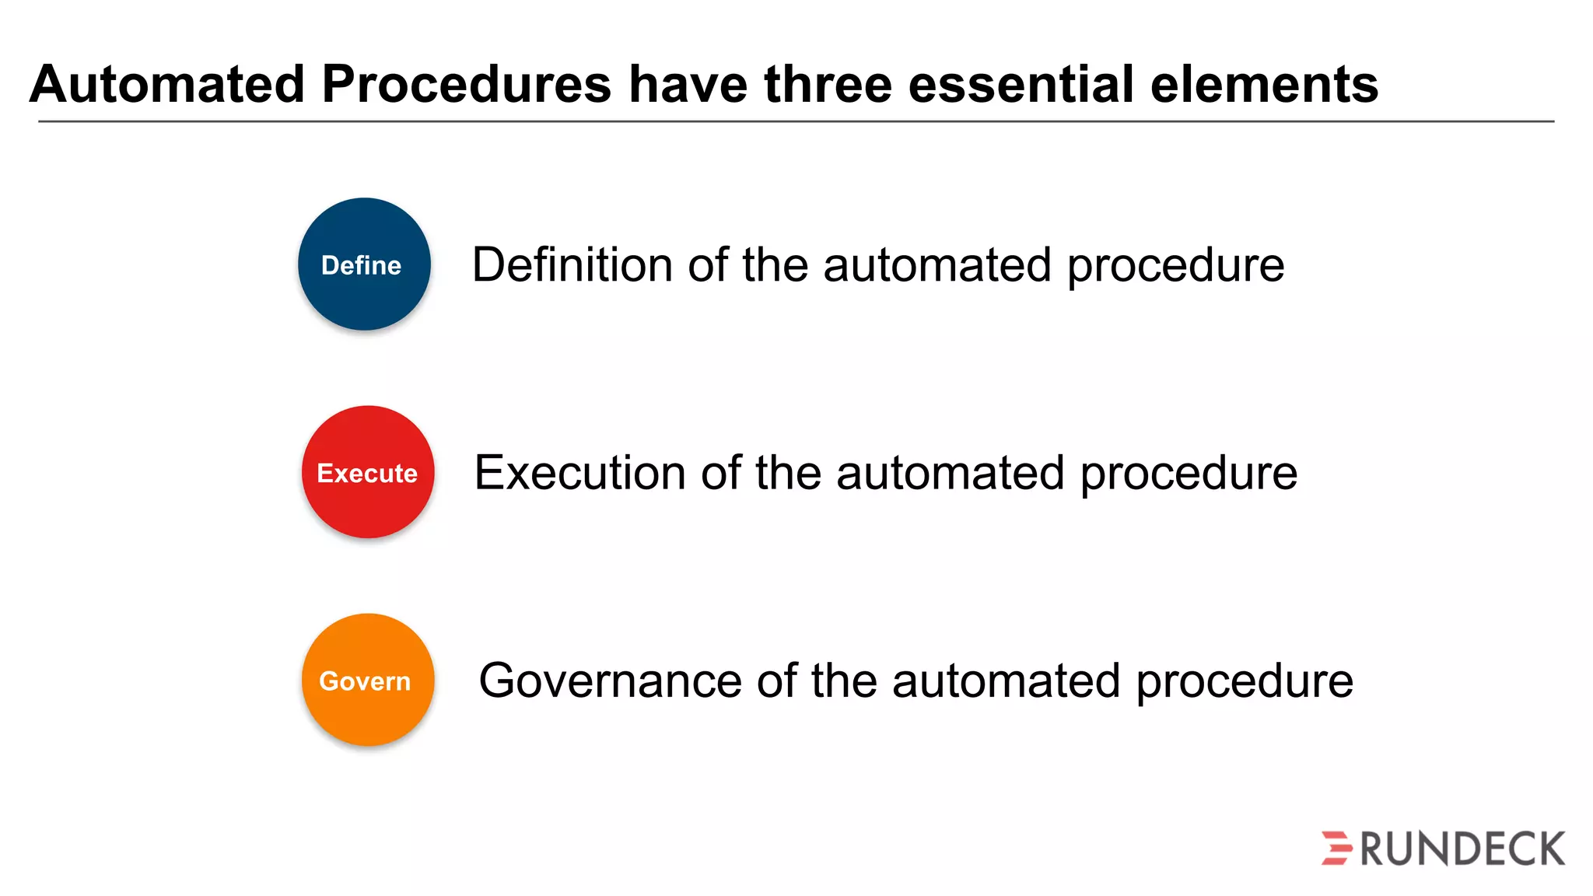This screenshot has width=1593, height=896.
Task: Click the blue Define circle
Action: coord(364,264)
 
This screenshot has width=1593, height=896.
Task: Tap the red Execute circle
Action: coord(368,472)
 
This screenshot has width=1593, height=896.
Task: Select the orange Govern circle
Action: coord(368,680)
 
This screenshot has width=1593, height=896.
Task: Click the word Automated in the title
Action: coord(167,84)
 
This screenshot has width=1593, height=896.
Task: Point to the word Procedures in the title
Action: coord(467,84)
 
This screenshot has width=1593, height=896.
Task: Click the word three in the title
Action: coord(828,84)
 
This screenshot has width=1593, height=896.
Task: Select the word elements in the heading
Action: coord(1264,84)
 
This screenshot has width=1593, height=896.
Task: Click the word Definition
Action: coord(572,264)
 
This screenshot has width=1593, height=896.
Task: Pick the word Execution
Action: coord(580,472)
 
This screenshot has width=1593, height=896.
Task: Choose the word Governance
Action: coord(610,681)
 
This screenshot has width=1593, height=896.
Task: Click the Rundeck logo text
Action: coord(1462,849)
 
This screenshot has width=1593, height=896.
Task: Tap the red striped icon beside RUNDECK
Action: coord(1337,848)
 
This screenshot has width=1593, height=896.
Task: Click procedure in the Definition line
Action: coord(1175,266)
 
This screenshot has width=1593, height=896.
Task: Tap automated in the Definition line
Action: coord(937,264)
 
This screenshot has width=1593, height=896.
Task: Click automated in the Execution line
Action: coord(950,472)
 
